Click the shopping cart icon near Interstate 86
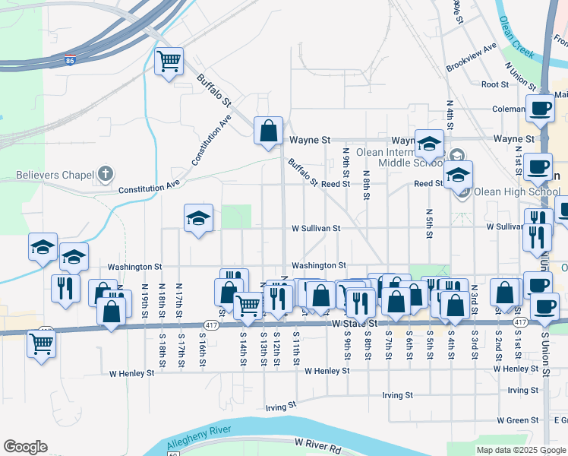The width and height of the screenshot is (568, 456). tap(169, 62)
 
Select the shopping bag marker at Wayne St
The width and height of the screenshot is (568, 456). tap(268, 130)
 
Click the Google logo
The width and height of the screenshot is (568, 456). tap(25, 447)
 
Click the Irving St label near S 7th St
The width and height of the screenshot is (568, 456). tap(397, 395)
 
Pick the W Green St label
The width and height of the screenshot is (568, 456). tap(517, 420)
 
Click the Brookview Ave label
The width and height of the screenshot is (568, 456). tap(471, 57)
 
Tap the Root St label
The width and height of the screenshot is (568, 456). tap(494, 84)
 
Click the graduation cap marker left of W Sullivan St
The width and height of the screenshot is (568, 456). tap(198, 218)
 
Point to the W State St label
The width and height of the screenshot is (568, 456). tap(355, 324)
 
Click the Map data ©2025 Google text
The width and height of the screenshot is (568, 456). tap(520, 450)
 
